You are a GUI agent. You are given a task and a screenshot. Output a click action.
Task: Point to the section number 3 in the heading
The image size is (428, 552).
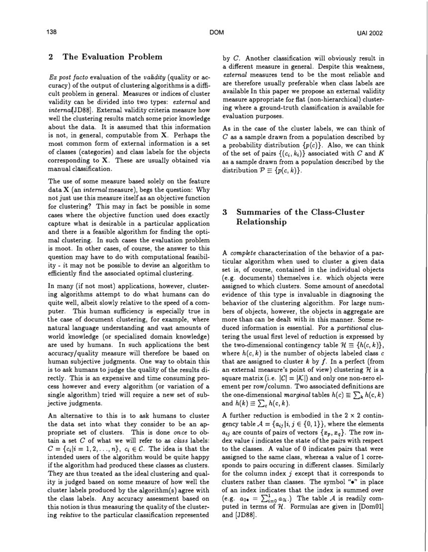tap(225, 212)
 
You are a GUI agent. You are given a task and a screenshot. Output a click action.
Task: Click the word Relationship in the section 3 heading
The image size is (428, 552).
tap(261, 222)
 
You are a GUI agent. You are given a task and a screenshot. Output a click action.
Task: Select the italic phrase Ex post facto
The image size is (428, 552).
tap(67, 80)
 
